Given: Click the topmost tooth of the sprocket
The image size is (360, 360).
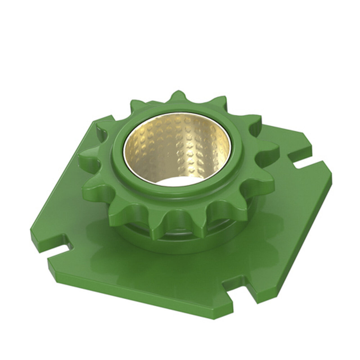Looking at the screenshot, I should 177,96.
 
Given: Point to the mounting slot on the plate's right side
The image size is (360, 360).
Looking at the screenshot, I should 305,163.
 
